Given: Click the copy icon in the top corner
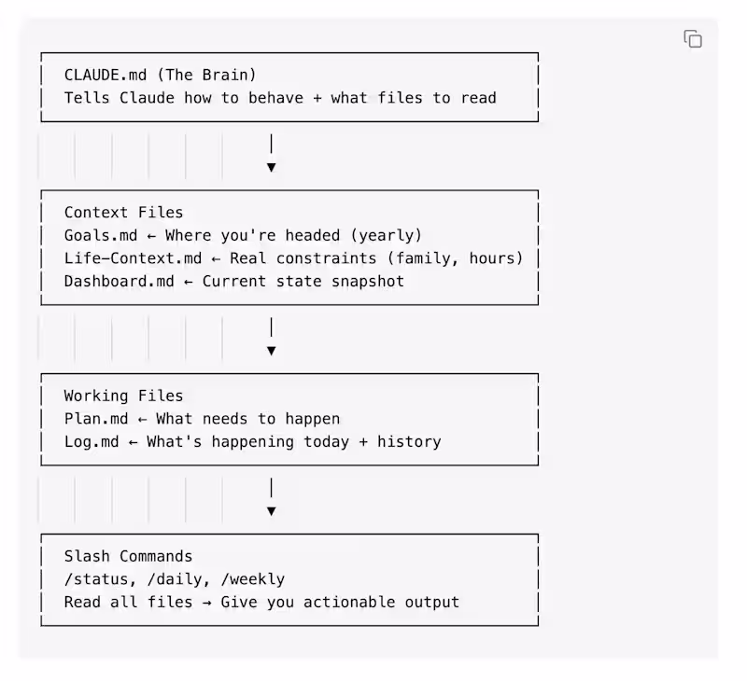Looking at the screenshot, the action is [x=693, y=39].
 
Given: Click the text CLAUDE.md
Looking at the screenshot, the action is [x=106, y=76].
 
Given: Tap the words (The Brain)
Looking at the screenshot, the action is [x=206, y=76].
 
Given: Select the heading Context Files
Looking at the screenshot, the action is [x=123, y=213].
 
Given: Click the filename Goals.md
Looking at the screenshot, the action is [x=101, y=236].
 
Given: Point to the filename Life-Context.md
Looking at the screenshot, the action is [x=133, y=258].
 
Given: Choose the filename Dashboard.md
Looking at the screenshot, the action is [x=120, y=281].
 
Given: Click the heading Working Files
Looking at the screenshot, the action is [x=123, y=396].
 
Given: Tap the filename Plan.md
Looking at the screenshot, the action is [x=96, y=419].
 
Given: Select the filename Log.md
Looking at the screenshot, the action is [x=92, y=441].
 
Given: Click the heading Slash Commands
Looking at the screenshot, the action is [x=128, y=556].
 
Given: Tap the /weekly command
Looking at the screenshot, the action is [x=253, y=579].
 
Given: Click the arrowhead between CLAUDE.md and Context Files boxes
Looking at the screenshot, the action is [x=271, y=168].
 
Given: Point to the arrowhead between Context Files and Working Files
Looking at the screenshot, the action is [x=271, y=351].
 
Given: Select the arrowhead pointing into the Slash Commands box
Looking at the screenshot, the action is [x=271, y=511].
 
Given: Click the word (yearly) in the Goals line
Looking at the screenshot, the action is [x=386, y=236].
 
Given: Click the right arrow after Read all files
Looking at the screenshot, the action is [x=206, y=603].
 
